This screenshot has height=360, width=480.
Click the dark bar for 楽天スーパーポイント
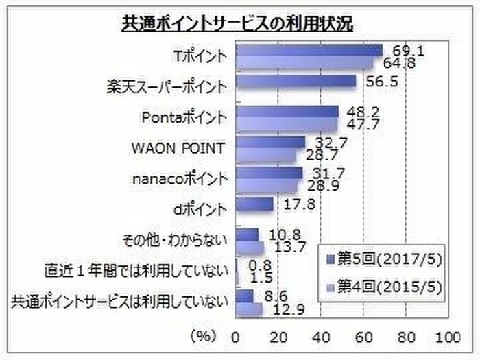pos(296,82)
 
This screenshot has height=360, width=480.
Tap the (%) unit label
pos(203,337)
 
